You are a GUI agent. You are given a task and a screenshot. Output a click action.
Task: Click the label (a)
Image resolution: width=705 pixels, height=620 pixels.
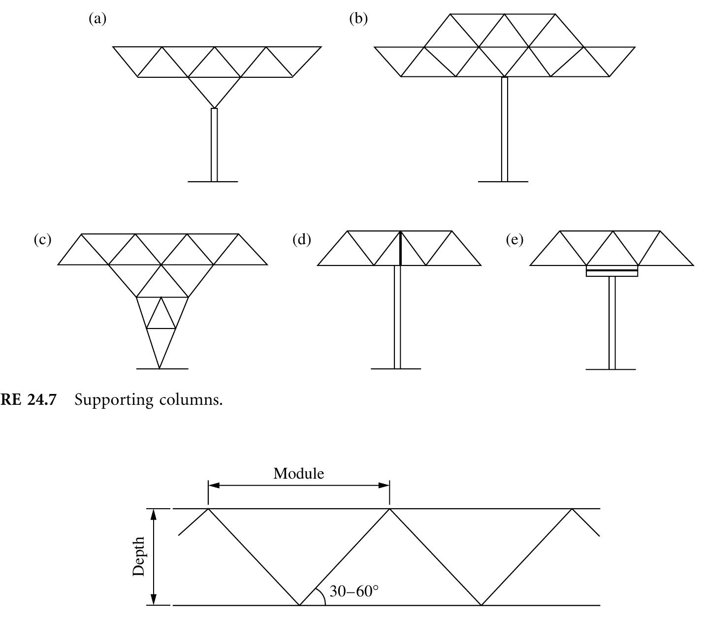click(x=97, y=19)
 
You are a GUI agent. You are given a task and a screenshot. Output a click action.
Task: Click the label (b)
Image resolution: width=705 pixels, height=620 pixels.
click(x=358, y=19)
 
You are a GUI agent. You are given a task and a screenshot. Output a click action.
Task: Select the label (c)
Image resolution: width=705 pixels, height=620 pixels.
click(x=42, y=239)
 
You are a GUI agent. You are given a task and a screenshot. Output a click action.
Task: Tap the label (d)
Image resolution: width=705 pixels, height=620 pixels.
click(x=301, y=239)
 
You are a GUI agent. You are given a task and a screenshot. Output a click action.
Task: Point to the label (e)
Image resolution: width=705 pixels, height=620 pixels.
click(x=514, y=239)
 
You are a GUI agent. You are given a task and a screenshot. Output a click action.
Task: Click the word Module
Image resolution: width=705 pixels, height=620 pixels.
click(x=299, y=474)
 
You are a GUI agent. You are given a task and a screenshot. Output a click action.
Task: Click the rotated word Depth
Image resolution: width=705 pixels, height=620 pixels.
click(x=139, y=556)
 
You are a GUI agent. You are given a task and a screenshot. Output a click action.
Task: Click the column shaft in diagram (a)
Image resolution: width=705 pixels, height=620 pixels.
click(x=214, y=145)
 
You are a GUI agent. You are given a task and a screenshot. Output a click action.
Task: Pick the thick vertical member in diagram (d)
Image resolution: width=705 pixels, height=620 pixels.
click(x=400, y=248)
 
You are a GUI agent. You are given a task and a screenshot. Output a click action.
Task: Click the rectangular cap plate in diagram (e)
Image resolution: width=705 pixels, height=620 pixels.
click(x=612, y=271)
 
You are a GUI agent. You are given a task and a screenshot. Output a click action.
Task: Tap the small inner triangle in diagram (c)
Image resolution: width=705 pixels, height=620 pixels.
click(x=161, y=316)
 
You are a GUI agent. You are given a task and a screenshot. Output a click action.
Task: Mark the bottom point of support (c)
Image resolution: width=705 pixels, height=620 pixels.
click(x=160, y=367)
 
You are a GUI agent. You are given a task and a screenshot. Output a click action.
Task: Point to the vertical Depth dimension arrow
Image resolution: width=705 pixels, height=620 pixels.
click(x=154, y=556)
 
